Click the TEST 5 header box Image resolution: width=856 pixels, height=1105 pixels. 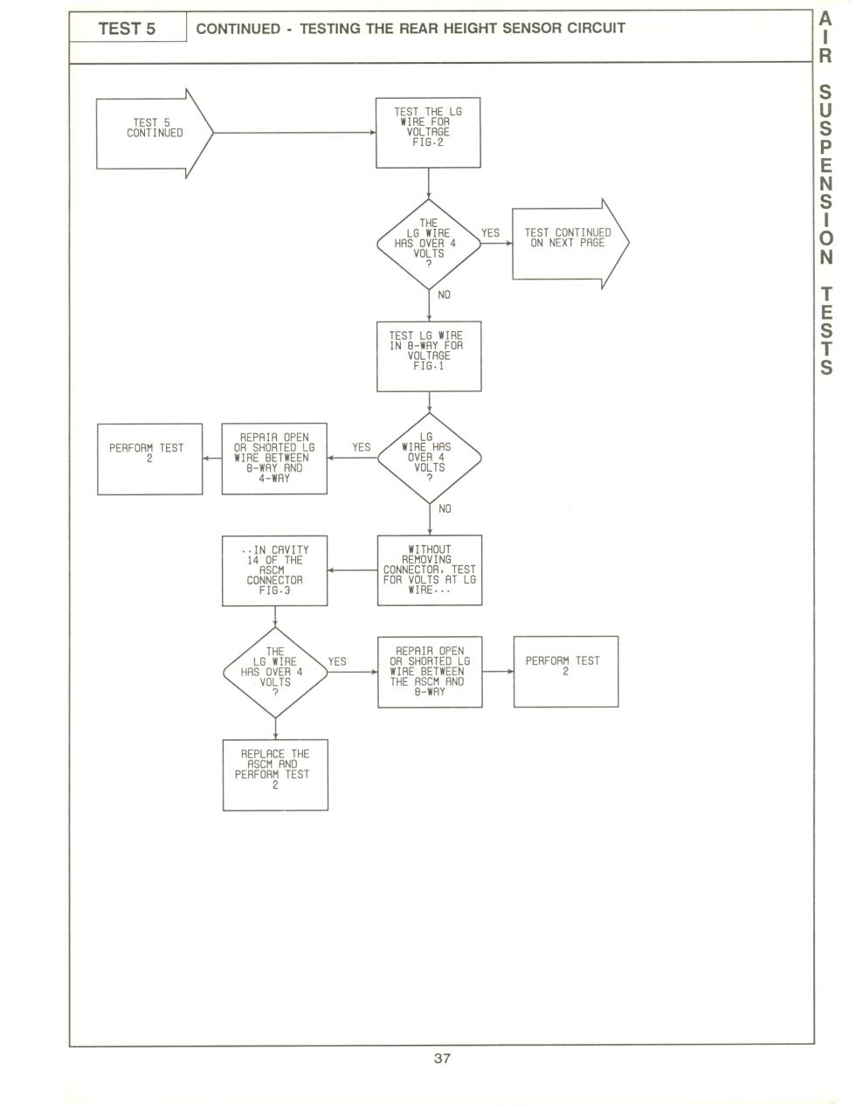(128, 26)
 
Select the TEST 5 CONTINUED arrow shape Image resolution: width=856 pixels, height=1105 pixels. (155, 134)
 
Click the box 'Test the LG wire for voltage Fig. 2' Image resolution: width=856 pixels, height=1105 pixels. (428, 133)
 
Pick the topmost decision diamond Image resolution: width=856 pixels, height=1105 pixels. (429, 244)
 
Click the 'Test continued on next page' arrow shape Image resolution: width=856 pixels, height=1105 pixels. (570, 244)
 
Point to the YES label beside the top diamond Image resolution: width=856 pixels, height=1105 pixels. (491, 233)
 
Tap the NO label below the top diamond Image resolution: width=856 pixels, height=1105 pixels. (445, 295)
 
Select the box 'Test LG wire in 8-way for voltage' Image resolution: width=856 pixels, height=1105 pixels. (429, 356)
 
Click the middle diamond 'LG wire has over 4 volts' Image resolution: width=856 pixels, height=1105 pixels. (430, 459)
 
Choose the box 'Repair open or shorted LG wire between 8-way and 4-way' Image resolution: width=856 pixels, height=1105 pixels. (274, 459)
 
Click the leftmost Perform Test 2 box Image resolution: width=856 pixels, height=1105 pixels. (150, 459)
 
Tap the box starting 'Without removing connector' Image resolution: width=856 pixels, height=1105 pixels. (430, 570)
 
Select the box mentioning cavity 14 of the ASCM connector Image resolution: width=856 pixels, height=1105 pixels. (275, 570)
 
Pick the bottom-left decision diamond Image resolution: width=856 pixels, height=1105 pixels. (275, 673)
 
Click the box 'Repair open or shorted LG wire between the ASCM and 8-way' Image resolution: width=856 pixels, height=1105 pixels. (430, 672)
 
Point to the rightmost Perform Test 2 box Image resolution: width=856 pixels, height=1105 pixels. (566, 671)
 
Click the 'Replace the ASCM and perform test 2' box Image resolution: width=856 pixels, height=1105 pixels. (275, 775)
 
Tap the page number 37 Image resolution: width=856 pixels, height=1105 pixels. (442, 1058)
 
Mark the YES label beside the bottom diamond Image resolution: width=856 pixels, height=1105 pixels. (337, 661)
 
